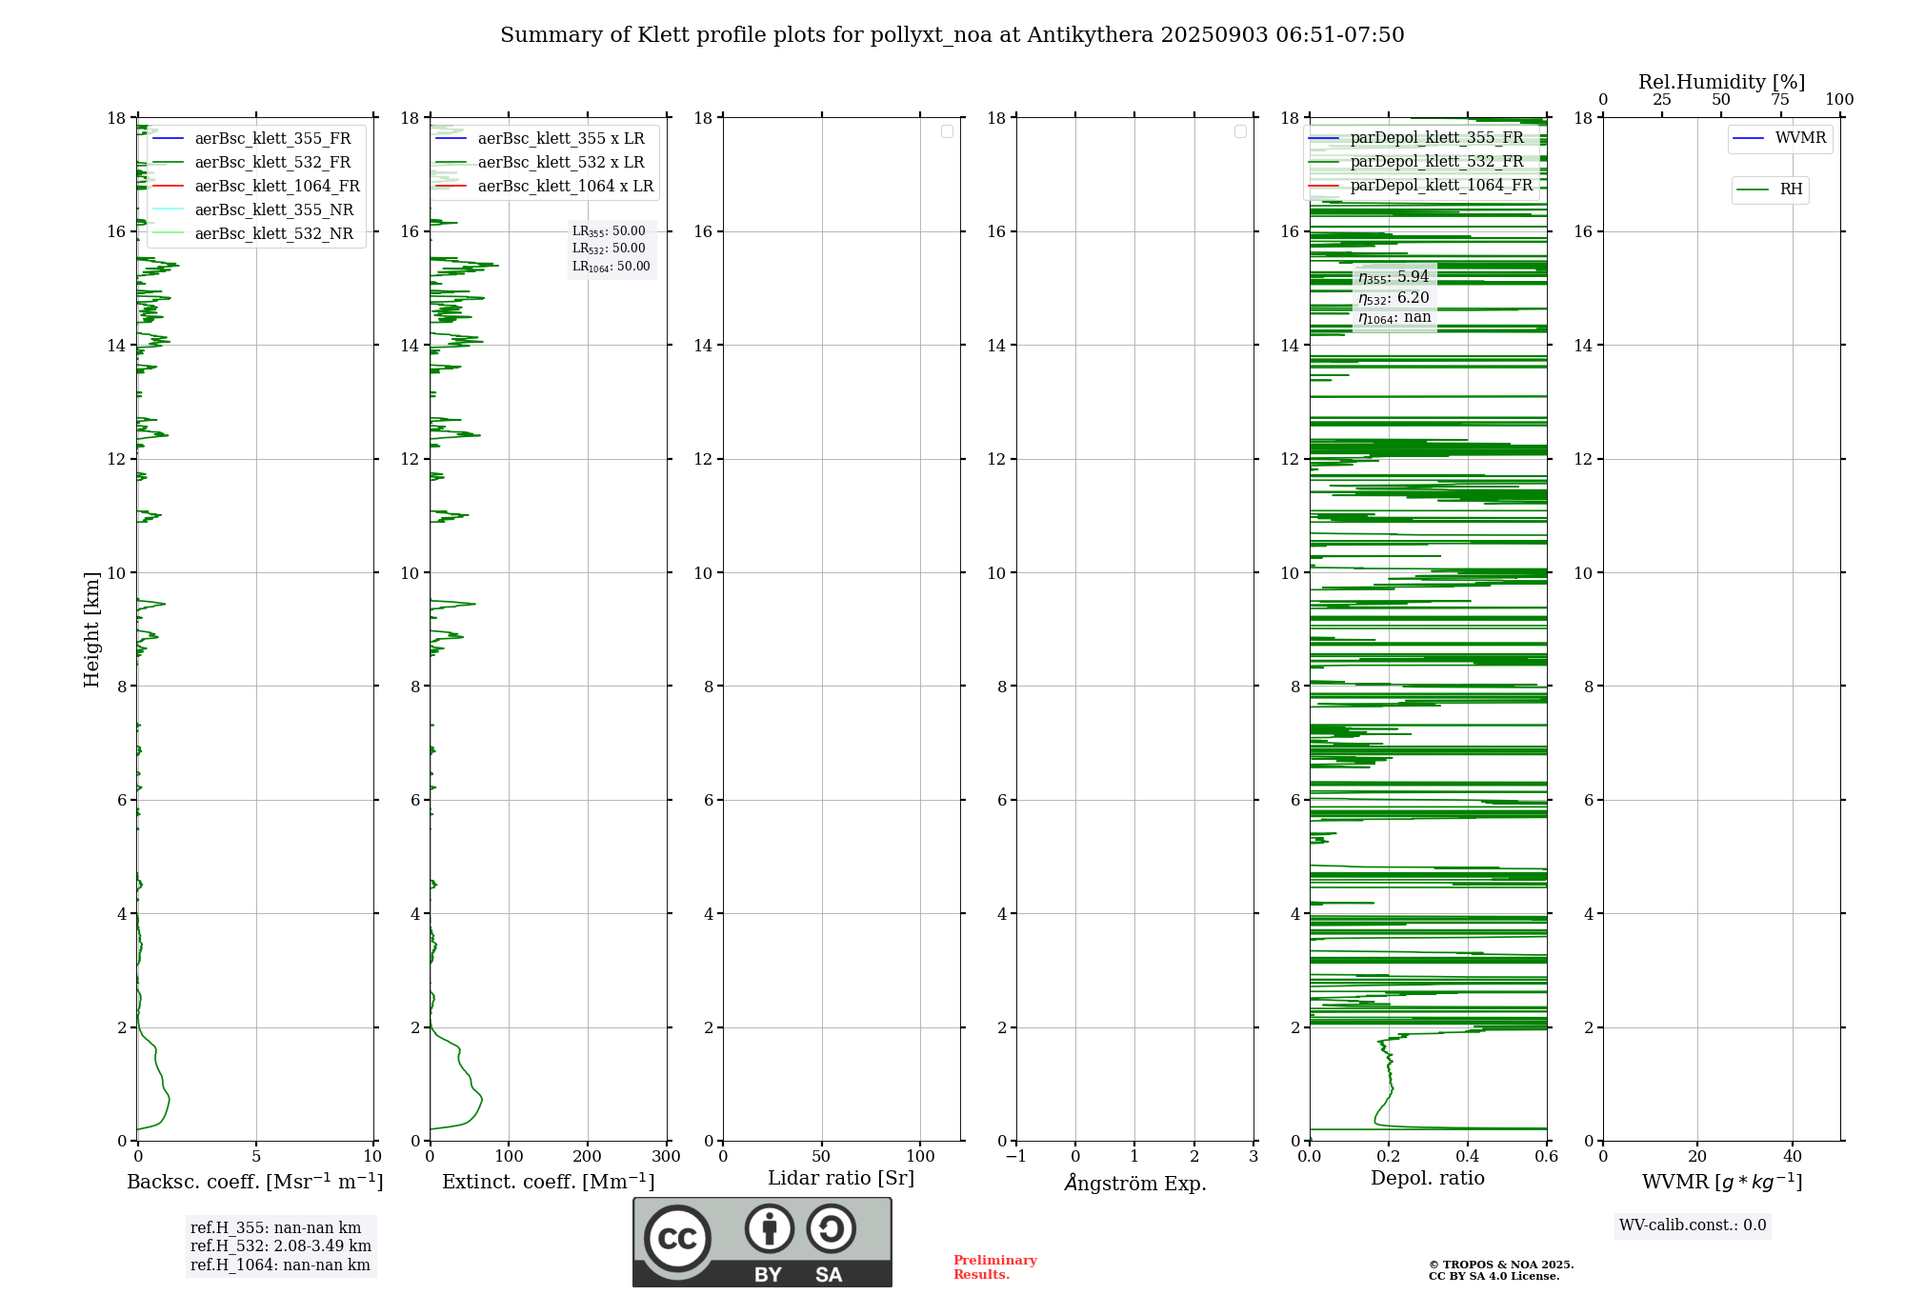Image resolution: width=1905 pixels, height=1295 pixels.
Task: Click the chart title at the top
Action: (x=952, y=35)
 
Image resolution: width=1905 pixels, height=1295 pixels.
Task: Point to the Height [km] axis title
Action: (x=91, y=629)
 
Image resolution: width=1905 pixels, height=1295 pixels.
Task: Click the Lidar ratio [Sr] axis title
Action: (x=840, y=1179)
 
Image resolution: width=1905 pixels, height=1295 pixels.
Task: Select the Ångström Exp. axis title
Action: (x=1134, y=1184)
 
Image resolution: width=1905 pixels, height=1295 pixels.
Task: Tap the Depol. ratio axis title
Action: (x=1427, y=1179)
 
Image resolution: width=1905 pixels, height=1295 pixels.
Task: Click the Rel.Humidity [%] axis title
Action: (x=1721, y=82)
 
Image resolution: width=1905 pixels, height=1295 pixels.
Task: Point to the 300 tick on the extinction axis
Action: (x=666, y=1157)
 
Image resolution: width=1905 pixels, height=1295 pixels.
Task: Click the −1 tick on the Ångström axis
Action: (x=1015, y=1157)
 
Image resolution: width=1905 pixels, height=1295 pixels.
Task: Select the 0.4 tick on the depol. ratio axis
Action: (x=1467, y=1157)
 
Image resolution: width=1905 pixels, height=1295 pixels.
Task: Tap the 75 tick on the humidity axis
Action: (x=1779, y=100)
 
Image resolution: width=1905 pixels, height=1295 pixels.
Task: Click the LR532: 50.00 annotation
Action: (x=609, y=249)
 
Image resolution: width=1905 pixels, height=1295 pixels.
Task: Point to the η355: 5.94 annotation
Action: (x=1394, y=277)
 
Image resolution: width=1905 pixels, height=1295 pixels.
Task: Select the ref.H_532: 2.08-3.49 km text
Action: (x=280, y=1246)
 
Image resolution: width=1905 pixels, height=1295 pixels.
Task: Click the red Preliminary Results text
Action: (x=994, y=1267)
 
